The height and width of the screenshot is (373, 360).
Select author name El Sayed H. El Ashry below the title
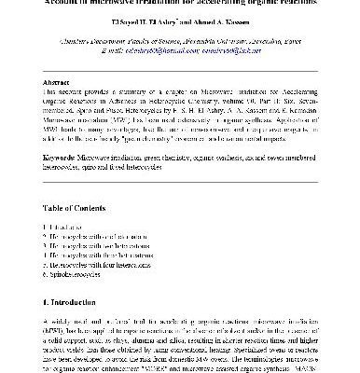[141, 17]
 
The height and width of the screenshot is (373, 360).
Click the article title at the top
[179, 4]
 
